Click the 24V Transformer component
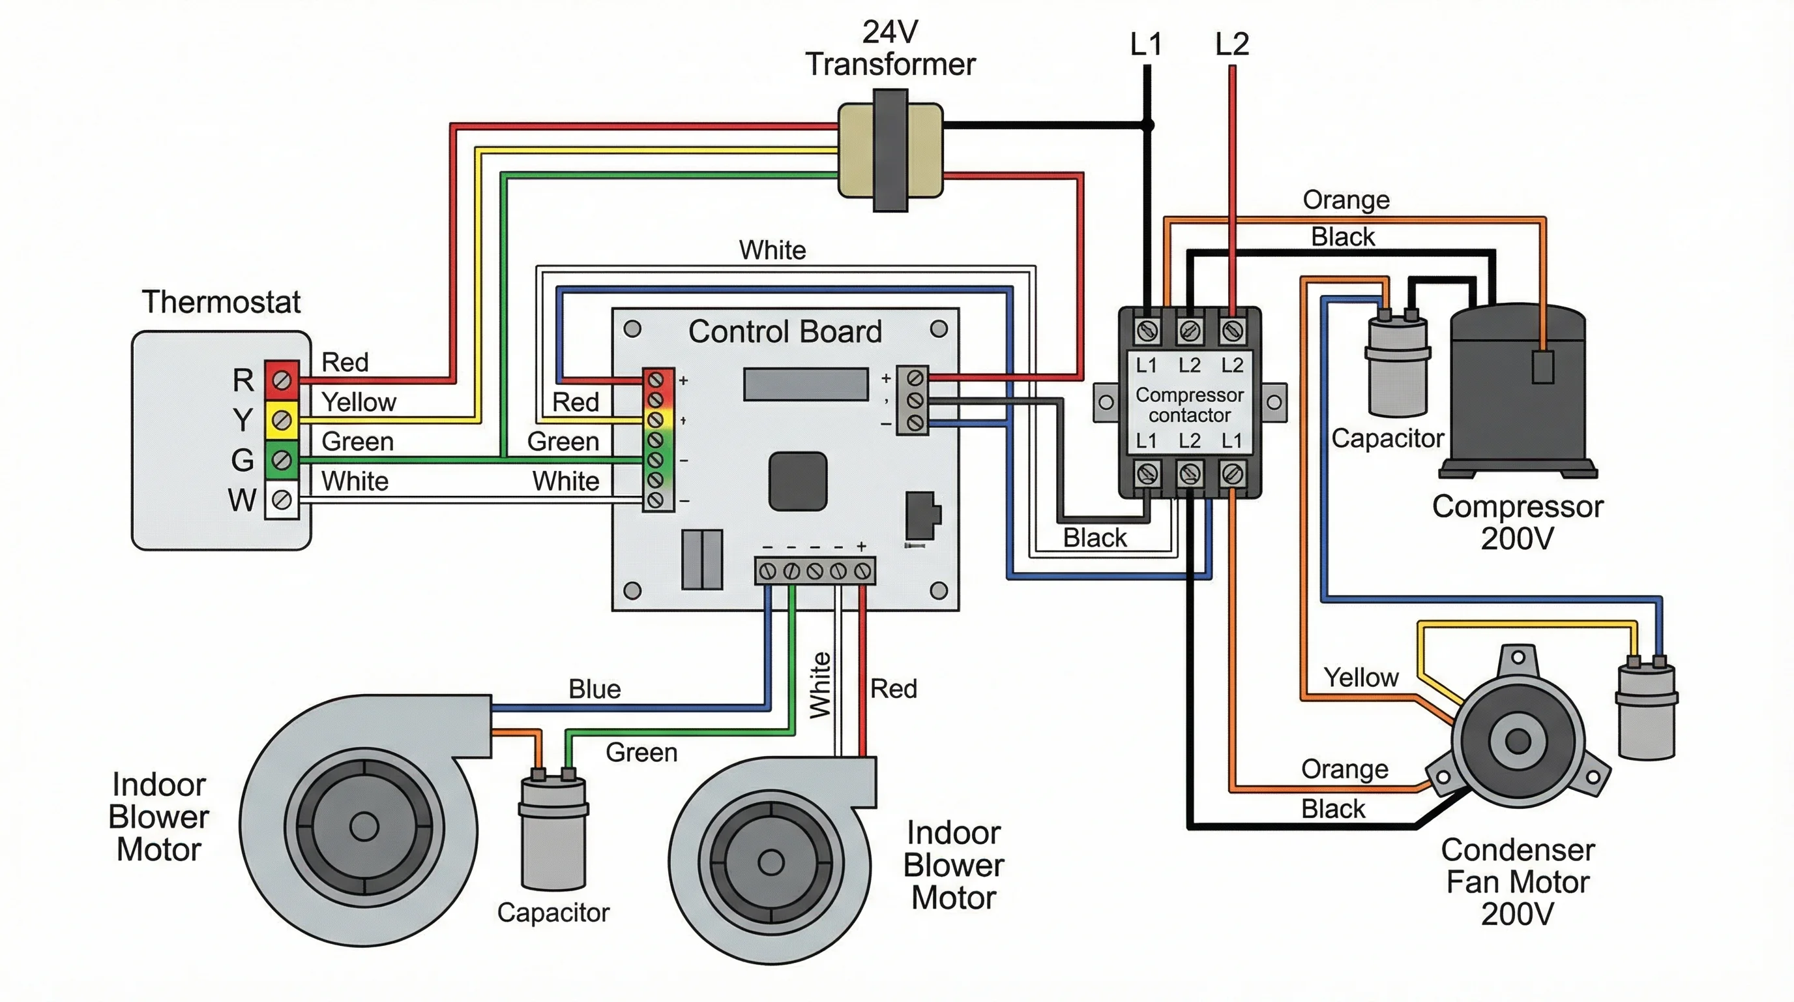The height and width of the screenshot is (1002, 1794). pyautogui.click(x=890, y=151)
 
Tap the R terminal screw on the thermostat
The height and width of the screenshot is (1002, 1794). pyautogui.click(x=282, y=380)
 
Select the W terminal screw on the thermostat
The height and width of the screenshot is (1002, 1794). pyautogui.click(x=282, y=500)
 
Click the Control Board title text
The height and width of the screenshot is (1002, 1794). pyautogui.click(x=785, y=331)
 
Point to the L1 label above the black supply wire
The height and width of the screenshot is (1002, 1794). pyautogui.click(x=1145, y=44)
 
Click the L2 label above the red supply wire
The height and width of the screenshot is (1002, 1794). pyautogui.click(x=1232, y=44)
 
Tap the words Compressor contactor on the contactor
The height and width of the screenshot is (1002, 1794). pyautogui.click(x=1189, y=405)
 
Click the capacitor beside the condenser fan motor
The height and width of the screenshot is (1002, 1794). pyautogui.click(x=1647, y=711)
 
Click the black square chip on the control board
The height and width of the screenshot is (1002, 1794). pyautogui.click(x=797, y=481)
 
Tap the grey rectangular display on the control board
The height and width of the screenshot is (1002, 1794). pyautogui.click(x=806, y=384)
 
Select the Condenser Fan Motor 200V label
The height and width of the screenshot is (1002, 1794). pyautogui.click(x=1518, y=882)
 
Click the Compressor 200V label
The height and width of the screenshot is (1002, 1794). pyautogui.click(x=1518, y=522)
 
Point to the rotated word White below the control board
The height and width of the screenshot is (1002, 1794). pyautogui.click(x=820, y=684)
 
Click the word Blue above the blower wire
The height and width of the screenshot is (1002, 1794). pyautogui.click(x=594, y=689)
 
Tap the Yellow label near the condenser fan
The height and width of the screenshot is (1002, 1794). pyautogui.click(x=1360, y=677)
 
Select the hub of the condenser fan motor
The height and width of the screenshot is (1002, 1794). pyautogui.click(x=1518, y=740)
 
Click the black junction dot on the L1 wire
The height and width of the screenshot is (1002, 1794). pyautogui.click(x=1149, y=125)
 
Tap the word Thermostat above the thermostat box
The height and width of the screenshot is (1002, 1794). pyautogui.click(x=221, y=302)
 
